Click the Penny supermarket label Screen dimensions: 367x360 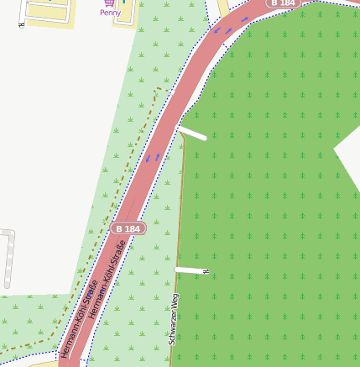[x=110, y=13]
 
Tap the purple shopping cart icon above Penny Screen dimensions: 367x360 [x=110, y=3]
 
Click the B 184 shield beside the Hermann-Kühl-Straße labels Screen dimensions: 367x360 [x=128, y=228]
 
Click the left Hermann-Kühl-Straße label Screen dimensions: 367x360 [x=79, y=319]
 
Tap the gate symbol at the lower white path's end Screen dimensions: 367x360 [x=206, y=271]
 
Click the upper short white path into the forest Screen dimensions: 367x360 [x=192, y=133]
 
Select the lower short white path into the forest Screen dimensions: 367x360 [x=189, y=270]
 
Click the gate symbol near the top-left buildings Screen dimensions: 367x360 [x=21, y=24]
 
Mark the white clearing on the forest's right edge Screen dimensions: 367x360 [x=348, y=155]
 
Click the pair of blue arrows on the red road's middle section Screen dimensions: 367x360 [x=152, y=157]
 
